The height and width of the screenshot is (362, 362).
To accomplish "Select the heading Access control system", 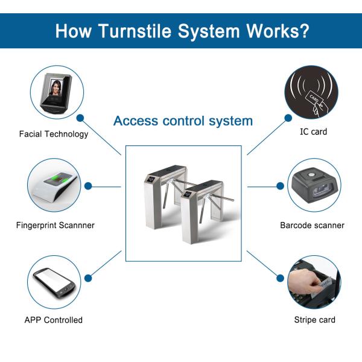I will coord(183,121).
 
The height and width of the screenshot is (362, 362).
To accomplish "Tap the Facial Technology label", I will coord(54,134).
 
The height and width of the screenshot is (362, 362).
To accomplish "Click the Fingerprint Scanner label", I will coord(55,226).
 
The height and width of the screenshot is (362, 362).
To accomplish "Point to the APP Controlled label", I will coord(54,320).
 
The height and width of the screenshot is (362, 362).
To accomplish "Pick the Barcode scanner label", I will coord(312,226).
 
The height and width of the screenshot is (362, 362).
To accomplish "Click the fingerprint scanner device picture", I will coord(54,185).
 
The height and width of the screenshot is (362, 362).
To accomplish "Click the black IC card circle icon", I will coord(311,92).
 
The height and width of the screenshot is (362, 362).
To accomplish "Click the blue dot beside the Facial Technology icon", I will coord(80,119).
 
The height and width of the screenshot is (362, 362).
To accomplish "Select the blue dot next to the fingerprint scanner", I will coord(88,186).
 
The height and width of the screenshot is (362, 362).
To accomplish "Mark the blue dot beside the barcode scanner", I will coord(280,186).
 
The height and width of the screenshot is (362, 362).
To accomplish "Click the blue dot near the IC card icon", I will coord(288,119).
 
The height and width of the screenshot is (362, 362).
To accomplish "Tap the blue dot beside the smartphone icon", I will coord(88,278).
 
